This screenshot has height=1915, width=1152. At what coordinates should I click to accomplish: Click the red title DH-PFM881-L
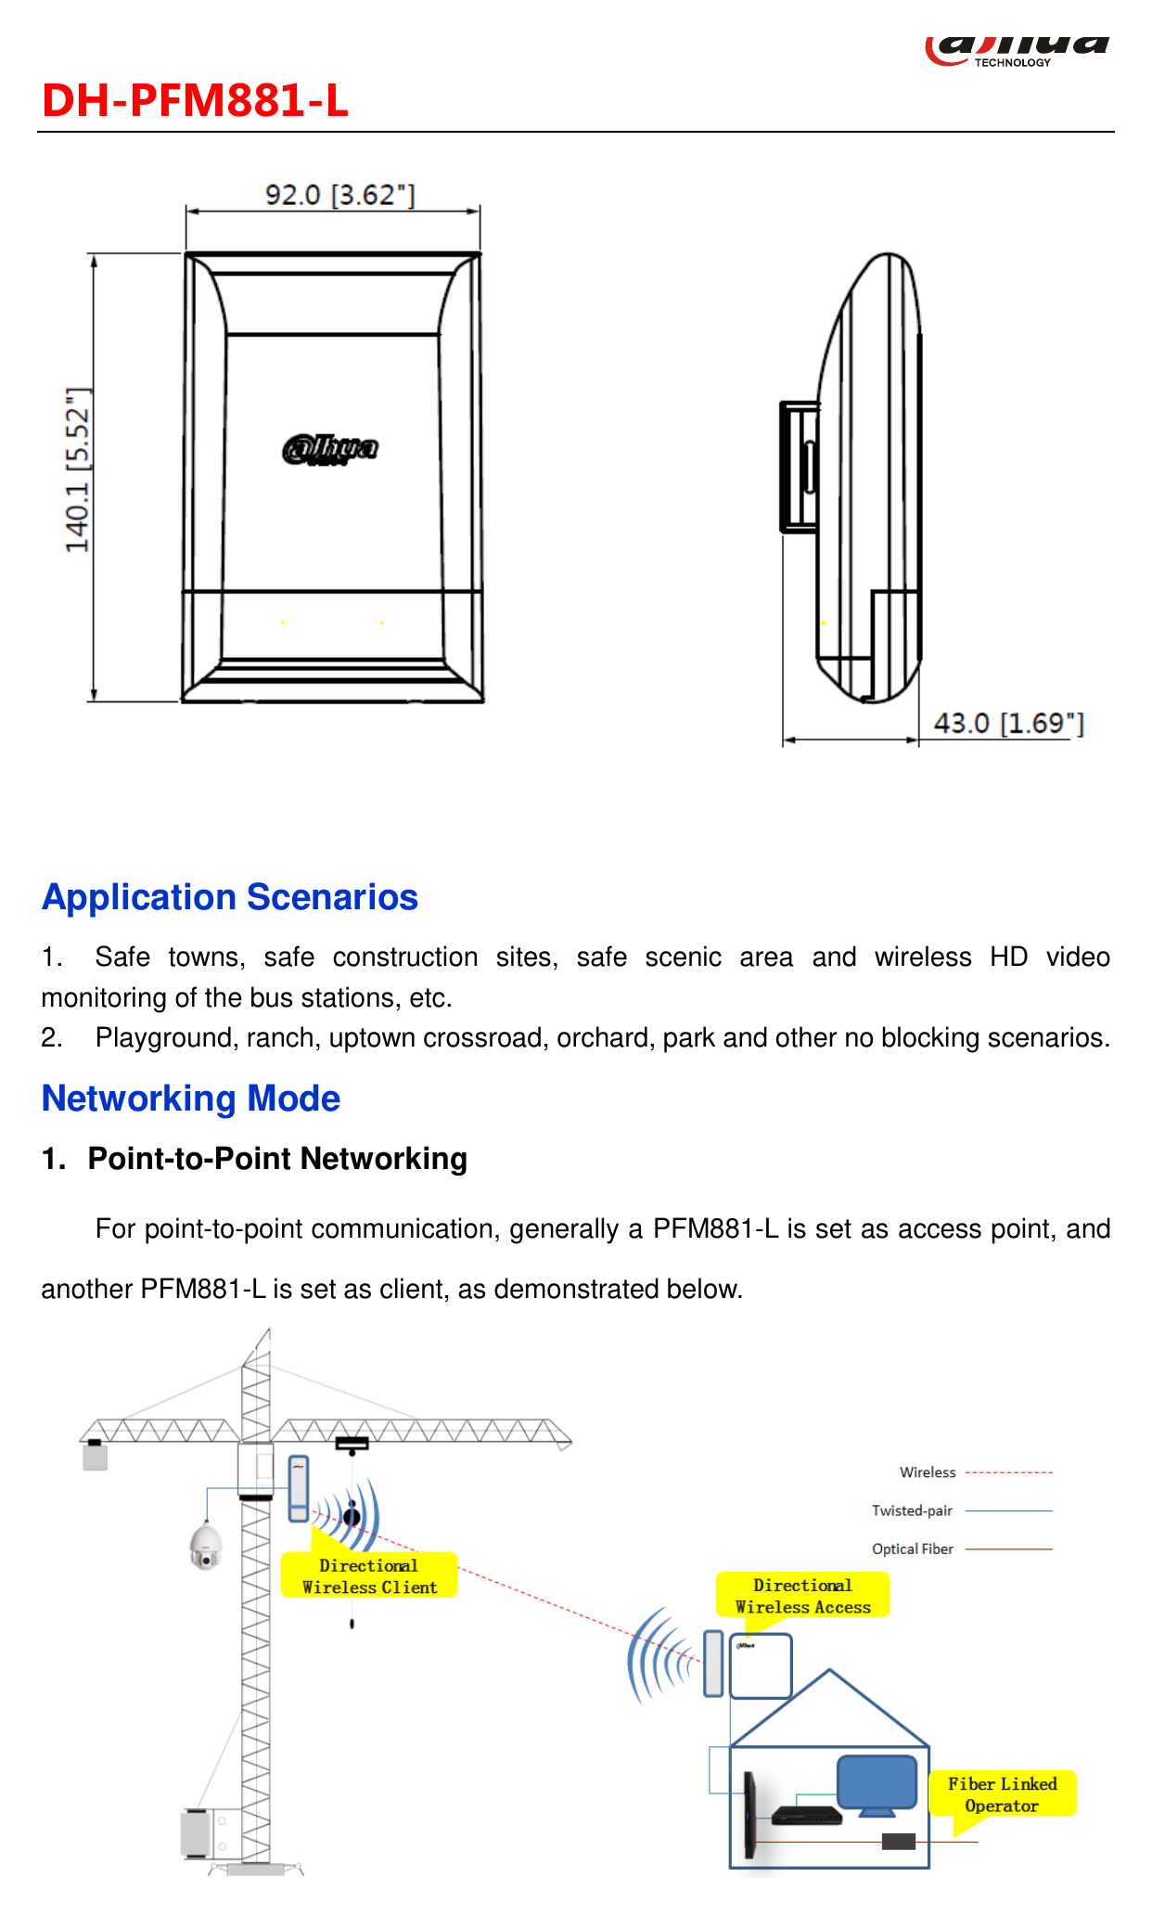(x=195, y=100)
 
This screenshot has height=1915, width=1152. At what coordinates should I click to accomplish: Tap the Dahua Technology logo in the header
(x=1017, y=51)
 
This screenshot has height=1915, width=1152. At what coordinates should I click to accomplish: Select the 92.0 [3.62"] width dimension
(x=339, y=195)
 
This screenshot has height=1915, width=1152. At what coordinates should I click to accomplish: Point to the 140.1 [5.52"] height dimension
(x=78, y=470)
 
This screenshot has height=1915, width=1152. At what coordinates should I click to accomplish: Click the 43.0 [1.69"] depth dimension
(x=1008, y=723)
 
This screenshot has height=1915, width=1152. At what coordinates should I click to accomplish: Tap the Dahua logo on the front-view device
(x=330, y=449)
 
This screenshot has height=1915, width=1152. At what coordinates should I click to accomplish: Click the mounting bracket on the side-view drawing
(x=799, y=467)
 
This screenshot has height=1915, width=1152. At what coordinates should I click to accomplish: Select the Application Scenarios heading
(x=230, y=897)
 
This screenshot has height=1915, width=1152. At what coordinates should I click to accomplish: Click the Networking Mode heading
(x=191, y=1099)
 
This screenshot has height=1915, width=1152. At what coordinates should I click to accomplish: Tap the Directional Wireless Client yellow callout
(x=369, y=1575)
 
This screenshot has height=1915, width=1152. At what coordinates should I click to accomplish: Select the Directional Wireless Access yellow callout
(x=802, y=1596)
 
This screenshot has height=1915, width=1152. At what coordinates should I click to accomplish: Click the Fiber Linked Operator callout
(x=1002, y=1793)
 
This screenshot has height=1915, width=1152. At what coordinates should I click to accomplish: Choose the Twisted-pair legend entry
(x=962, y=1510)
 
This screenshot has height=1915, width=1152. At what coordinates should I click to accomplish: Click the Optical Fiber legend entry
(x=962, y=1549)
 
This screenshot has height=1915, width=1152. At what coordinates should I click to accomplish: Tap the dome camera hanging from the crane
(x=206, y=1546)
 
